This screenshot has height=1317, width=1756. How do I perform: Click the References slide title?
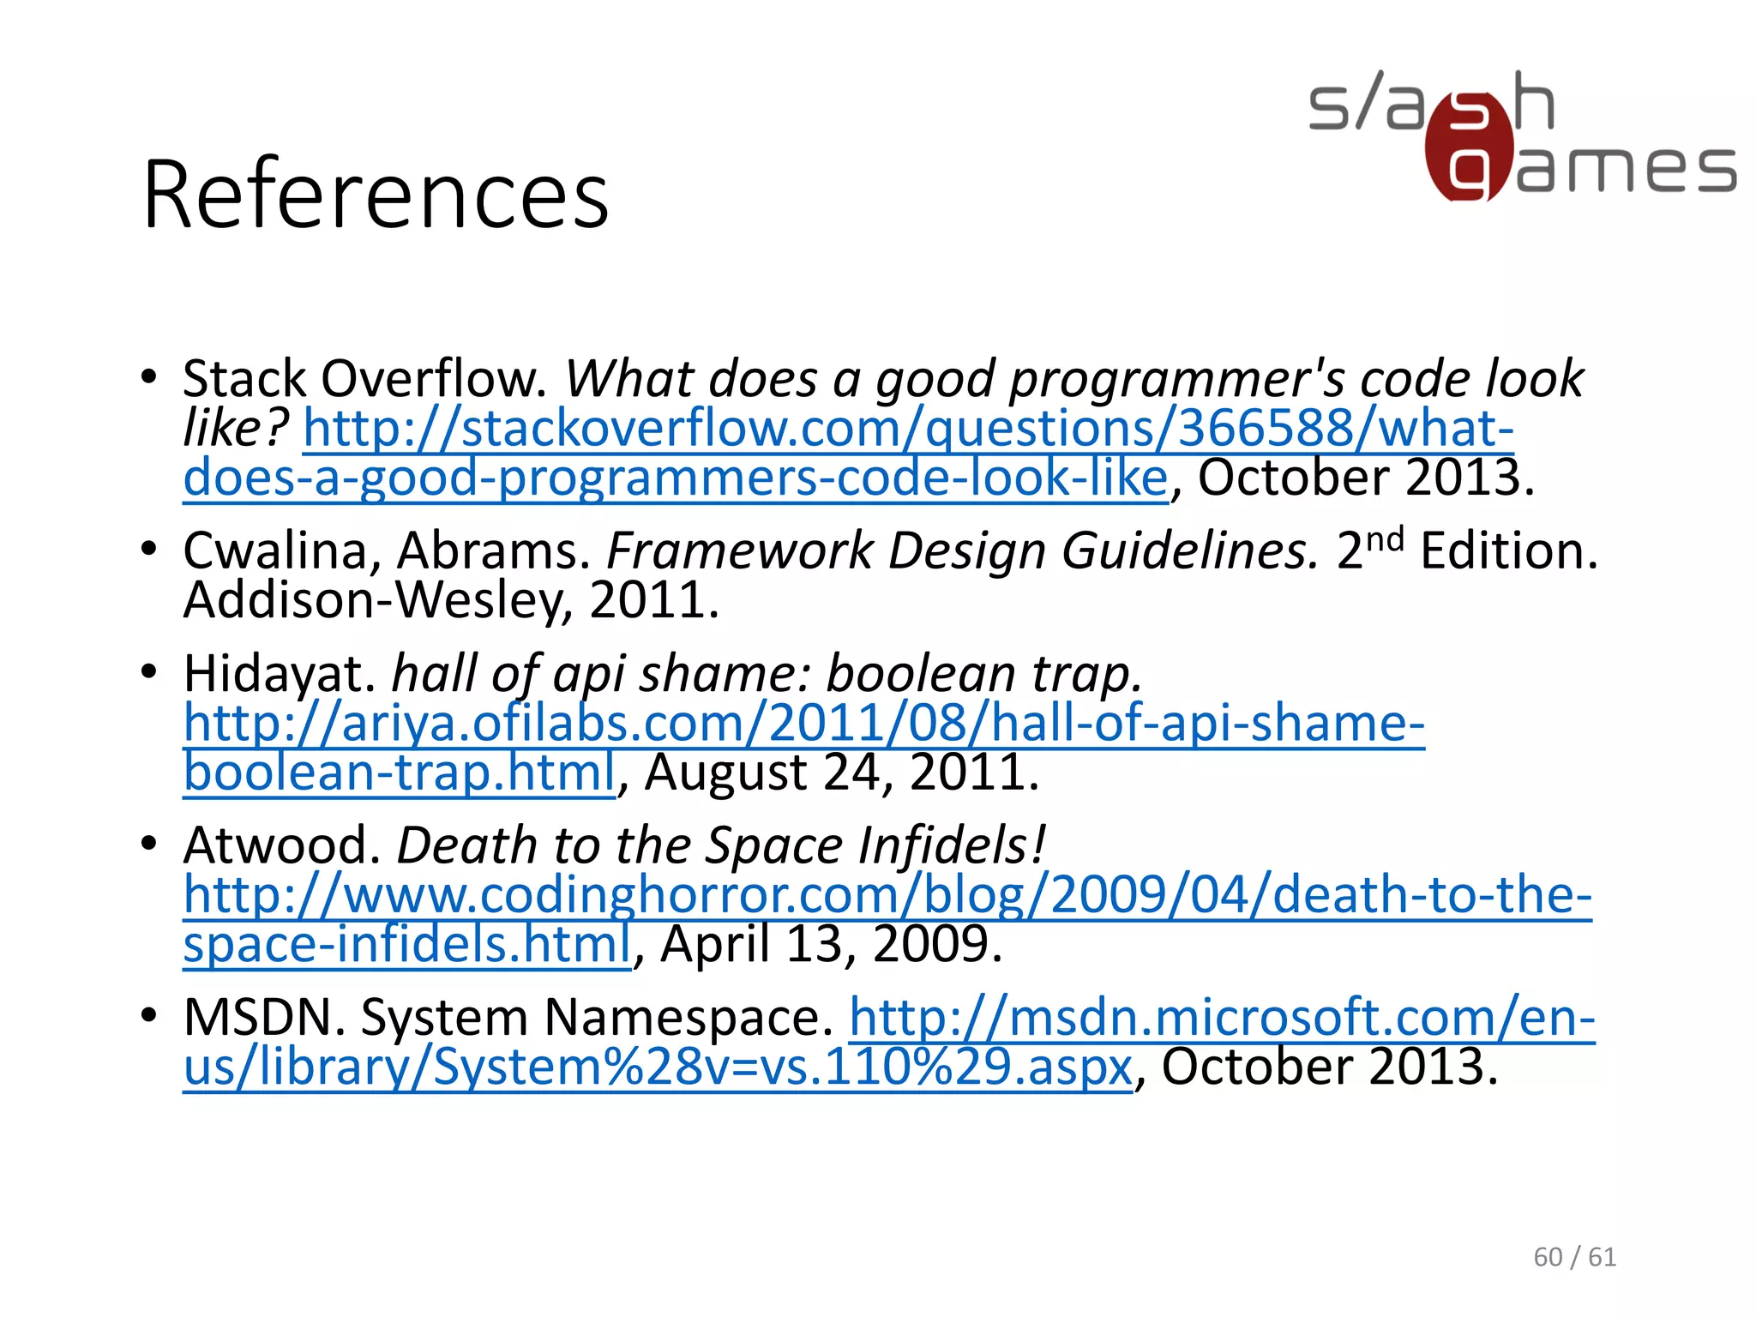[x=376, y=195]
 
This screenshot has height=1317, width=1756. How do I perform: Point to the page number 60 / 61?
[x=1574, y=1257]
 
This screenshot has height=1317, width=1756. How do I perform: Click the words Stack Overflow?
[x=364, y=379]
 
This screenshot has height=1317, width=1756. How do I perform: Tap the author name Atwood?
[x=282, y=845]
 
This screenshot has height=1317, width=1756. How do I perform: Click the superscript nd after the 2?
[x=1384, y=539]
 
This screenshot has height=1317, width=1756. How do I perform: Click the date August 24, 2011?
[x=842, y=773]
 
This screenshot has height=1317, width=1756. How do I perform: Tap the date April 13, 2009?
[x=831, y=944]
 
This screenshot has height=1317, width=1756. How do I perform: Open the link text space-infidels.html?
[x=407, y=944]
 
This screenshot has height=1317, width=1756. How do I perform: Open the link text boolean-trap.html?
[x=400, y=773]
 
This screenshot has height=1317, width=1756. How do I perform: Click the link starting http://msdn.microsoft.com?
[x=1222, y=1018]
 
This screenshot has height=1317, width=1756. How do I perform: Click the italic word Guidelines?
[x=1190, y=551]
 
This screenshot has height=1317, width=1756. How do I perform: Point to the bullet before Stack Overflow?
[x=149, y=376]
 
